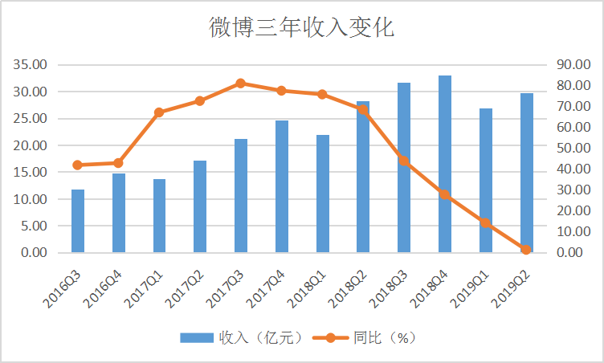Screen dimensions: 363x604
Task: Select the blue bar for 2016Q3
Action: [78, 221]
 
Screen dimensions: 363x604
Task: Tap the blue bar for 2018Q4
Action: [445, 164]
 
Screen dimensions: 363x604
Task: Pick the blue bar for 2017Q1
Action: [159, 215]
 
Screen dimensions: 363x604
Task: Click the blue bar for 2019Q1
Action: [486, 181]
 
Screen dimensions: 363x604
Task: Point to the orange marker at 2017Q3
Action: [241, 83]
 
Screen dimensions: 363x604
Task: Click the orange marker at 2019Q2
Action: [527, 250]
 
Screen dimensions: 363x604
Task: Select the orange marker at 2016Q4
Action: [119, 163]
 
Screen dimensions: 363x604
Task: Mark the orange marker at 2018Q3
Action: [404, 161]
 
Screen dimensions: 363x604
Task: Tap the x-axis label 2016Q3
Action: [63, 286]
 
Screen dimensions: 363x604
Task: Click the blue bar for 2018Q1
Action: [323, 194]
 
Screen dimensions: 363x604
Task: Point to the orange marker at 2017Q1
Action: [159, 112]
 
